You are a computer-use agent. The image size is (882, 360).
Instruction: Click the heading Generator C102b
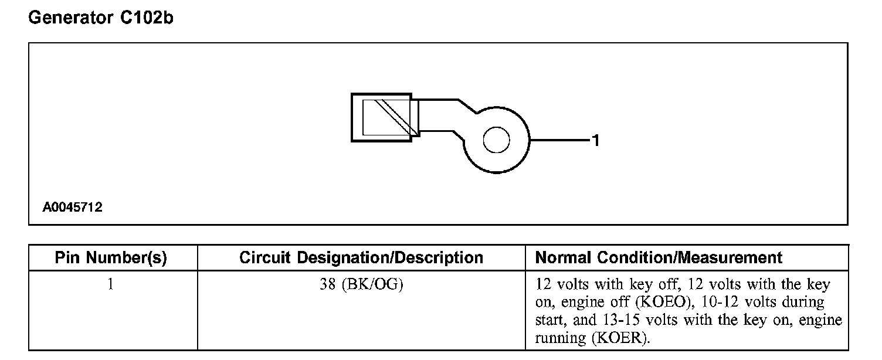(x=100, y=19)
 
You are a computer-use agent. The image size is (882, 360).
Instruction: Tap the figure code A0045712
(x=72, y=208)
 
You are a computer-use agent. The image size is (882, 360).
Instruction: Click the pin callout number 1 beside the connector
(x=595, y=141)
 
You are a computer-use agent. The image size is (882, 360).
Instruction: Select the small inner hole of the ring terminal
(x=496, y=141)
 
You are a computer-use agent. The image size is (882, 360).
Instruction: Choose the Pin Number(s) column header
(x=111, y=258)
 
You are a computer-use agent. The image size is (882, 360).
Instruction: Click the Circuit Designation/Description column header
(x=361, y=258)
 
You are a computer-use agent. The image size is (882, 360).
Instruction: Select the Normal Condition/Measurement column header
(x=659, y=258)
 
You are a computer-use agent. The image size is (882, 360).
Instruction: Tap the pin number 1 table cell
(x=111, y=286)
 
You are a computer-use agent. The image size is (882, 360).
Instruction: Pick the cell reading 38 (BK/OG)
(x=361, y=286)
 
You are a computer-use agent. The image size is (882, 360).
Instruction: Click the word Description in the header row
(x=438, y=258)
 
